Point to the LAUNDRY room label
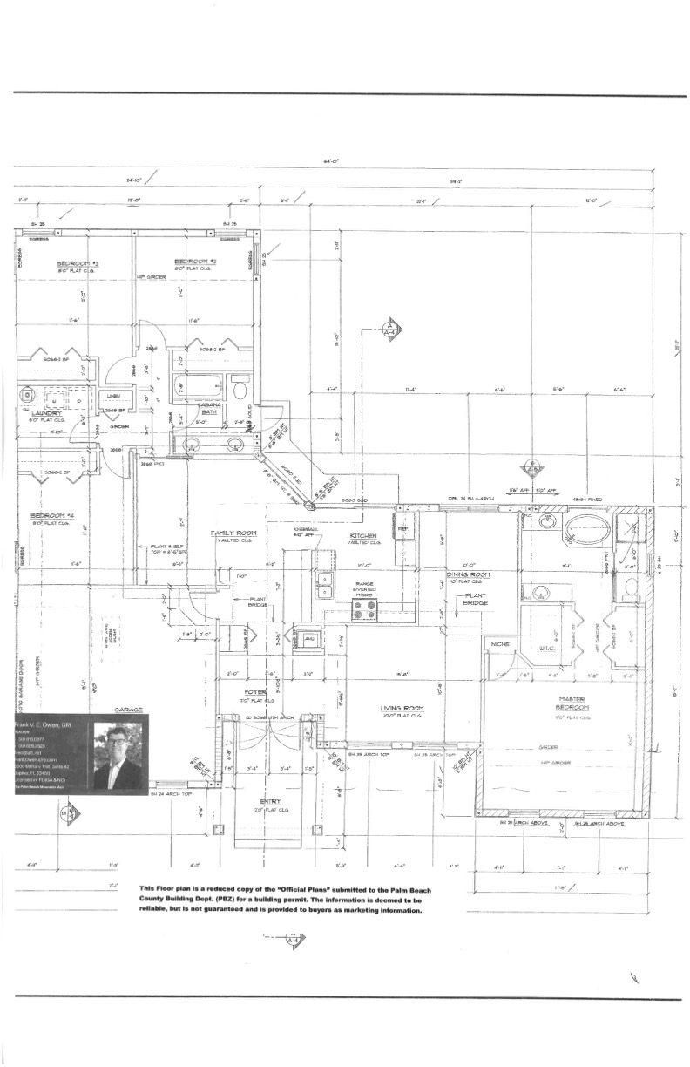[x=44, y=413]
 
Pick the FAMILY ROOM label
[x=234, y=533]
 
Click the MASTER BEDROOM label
[x=572, y=703]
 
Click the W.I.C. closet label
[x=548, y=648]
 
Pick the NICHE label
[x=499, y=643]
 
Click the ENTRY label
[x=271, y=801]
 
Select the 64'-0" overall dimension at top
[x=329, y=161]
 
